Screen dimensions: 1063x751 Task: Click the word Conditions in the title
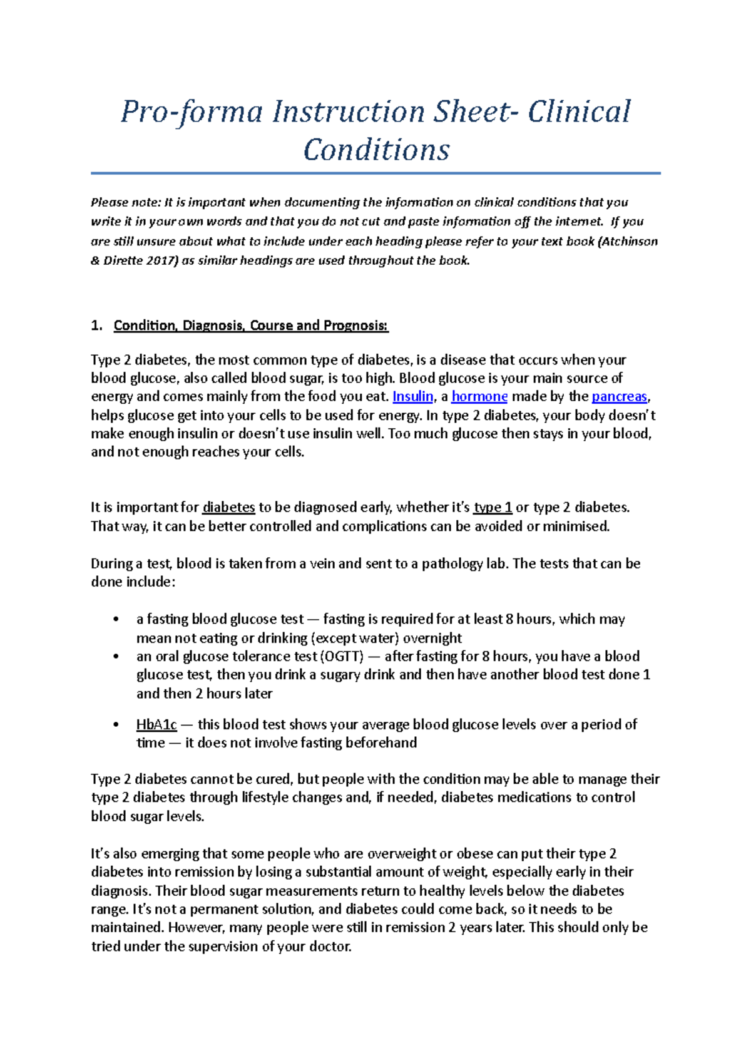pos(376,150)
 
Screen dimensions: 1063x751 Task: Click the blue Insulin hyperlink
pos(412,396)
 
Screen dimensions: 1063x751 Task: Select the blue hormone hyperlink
pos(479,396)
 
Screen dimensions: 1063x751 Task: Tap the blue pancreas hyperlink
pos(619,396)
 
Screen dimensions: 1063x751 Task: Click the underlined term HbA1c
pos(156,724)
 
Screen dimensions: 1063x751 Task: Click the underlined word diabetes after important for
pos(228,507)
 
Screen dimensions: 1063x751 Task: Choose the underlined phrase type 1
pos(493,507)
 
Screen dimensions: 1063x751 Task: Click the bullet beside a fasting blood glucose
pos(116,620)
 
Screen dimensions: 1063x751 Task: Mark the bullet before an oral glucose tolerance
pos(116,657)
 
